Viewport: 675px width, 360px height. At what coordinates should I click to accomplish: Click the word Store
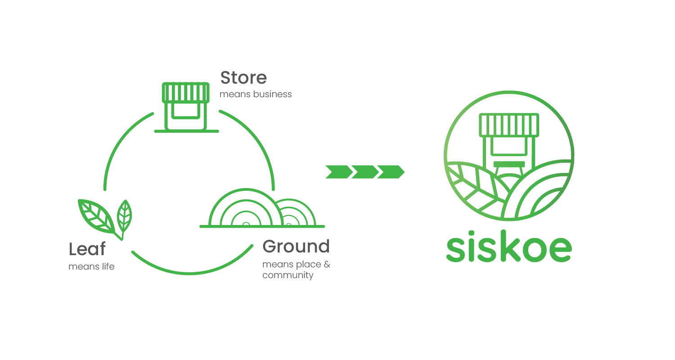click(243, 77)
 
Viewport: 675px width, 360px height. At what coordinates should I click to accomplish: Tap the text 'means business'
click(256, 94)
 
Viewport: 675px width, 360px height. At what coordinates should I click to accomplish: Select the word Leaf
click(87, 249)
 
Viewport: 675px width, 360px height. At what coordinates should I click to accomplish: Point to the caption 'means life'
click(91, 267)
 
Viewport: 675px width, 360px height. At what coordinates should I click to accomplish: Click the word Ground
click(296, 247)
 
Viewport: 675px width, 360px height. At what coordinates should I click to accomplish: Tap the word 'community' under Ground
click(288, 275)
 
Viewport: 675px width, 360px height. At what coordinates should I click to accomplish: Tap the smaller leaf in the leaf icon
click(124, 215)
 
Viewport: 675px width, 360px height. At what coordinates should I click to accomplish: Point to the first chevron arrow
click(338, 172)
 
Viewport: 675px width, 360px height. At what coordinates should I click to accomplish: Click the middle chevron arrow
click(364, 172)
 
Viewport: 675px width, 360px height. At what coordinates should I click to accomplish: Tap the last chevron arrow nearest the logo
click(391, 172)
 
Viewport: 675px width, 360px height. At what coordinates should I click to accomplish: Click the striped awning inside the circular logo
click(509, 125)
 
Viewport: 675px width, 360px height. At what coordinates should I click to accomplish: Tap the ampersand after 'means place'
click(327, 265)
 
